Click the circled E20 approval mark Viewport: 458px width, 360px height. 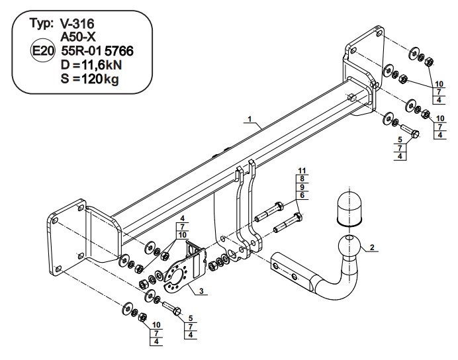[x=42, y=52]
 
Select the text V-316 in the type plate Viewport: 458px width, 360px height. [x=77, y=24]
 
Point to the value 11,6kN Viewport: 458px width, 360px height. [x=102, y=65]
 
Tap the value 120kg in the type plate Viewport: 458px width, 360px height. [x=100, y=79]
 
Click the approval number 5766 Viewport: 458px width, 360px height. [x=119, y=51]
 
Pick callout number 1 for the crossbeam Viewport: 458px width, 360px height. [x=250, y=119]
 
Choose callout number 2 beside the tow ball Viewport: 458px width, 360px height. [x=372, y=247]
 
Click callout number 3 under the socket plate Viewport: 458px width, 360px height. [x=201, y=291]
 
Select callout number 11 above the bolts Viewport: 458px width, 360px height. [x=302, y=171]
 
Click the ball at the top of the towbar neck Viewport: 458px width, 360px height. [x=349, y=246]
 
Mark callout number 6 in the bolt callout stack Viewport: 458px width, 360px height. [x=302, y=195]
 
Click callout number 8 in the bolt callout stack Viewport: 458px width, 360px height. [x=302, y=179]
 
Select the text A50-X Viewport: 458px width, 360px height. [x=78, y=37]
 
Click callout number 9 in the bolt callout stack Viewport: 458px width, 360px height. [x=302, y=187]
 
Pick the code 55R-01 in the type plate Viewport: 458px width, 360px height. [x=81, y=51]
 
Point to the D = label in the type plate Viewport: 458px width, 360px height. [x=70, y=65]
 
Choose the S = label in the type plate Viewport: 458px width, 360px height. [x=70, y=79]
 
